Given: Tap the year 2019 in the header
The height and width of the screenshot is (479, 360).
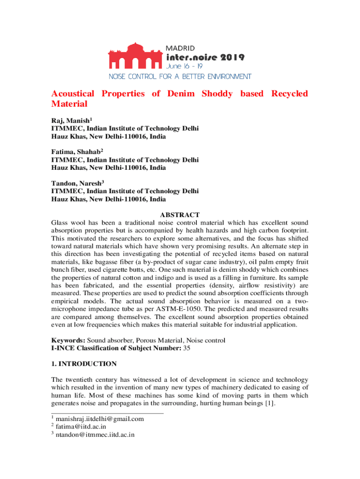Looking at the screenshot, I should coord(230,58).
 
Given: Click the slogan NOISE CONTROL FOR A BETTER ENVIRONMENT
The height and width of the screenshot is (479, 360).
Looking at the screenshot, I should coord(180,76).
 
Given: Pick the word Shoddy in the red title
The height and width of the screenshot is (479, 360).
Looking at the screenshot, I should coord(217,94).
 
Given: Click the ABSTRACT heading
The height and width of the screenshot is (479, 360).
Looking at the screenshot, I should coord(180,215).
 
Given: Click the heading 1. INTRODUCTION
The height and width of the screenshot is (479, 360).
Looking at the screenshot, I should coord(84,363).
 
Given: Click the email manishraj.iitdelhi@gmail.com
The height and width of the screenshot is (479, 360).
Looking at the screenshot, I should coord(99,419).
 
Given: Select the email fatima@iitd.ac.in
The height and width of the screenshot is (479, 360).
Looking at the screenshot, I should coord(80,427).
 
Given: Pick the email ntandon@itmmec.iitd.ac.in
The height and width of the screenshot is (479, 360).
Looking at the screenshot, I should coord(95,435).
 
